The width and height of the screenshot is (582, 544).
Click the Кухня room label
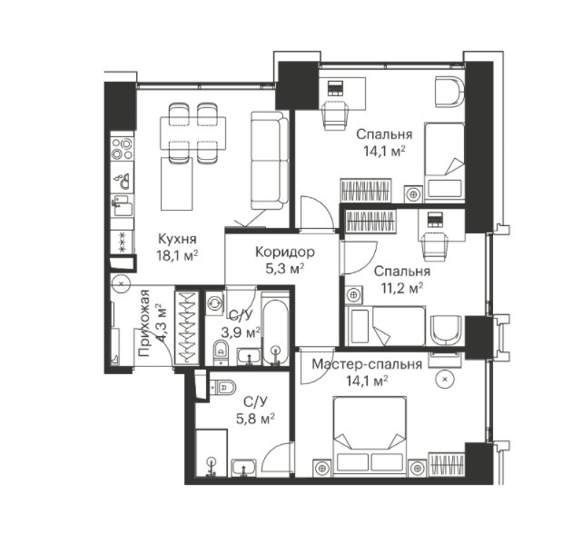[x=177, y=240]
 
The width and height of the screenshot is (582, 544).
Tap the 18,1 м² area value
[x=177, y=256]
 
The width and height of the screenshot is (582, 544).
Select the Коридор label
[x=285, y=252]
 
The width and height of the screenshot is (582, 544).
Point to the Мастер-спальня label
[x=367, y=365]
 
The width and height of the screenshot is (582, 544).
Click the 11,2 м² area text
[x=402, y=288]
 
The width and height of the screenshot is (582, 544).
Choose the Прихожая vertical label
[x=145, y=322]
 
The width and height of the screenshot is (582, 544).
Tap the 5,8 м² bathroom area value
[x=255, y=419]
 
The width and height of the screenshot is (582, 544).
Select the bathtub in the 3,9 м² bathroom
[x=275, y=329]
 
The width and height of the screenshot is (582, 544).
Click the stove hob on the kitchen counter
[x=123, y=148]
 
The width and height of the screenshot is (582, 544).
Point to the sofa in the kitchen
[x=270, y=160]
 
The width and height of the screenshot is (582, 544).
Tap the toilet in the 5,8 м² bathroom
[x=222, y=387]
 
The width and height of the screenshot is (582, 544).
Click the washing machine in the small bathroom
[x=214, y=303]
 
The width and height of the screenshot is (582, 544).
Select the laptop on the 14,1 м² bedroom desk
[x=336, y=88]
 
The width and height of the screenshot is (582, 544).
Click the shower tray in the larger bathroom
[x=212, y=453]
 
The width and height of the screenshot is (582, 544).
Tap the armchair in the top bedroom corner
[x=449, y=92]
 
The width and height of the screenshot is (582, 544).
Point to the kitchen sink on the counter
[x=123, y=181]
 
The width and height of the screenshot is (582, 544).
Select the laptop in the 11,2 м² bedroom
[x=434, y=220]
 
